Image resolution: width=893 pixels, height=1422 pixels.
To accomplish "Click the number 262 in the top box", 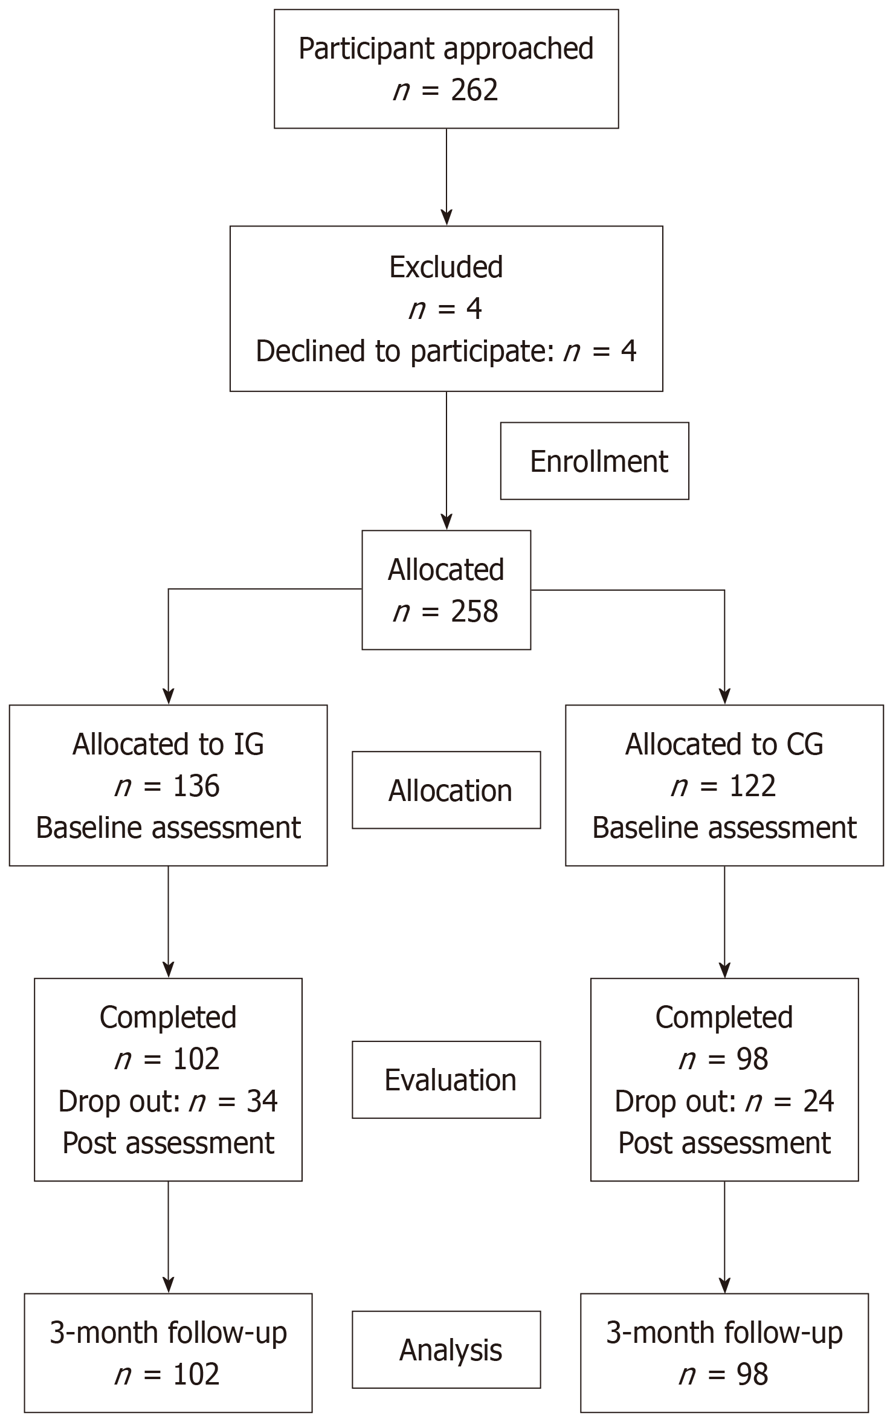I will [474, 91].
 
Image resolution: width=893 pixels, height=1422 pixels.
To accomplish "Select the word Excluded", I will [446, 267].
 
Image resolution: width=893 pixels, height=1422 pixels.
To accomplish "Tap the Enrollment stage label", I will [598, 462].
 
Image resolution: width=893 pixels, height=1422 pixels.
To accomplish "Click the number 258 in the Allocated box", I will [474, 612].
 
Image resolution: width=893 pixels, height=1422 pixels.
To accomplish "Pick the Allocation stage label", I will [450, 791].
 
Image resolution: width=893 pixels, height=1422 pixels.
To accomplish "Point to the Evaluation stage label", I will [450, 1080].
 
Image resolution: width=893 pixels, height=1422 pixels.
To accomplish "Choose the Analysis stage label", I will [450, 1350].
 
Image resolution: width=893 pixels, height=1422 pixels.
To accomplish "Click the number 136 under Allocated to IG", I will [196, 787].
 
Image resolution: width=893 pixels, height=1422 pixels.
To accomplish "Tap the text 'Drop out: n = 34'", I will [168, 1101].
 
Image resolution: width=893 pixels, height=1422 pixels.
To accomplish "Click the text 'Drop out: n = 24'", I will [724, 1101].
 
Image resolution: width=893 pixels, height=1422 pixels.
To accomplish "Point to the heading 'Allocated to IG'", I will [168, 744].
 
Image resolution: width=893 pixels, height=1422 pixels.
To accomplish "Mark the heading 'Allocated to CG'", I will [724, 744].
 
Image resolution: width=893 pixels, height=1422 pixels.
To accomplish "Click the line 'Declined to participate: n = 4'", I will [446, 352].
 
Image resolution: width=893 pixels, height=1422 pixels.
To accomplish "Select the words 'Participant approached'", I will [446, 49].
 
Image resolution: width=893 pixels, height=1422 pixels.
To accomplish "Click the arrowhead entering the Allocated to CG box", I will [724, 697].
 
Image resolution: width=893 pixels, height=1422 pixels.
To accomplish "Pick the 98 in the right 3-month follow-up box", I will [752, 1374].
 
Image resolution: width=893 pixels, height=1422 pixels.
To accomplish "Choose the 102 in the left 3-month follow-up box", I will [196, 1374].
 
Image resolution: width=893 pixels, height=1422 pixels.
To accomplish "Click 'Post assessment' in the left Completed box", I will [168, 1143].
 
